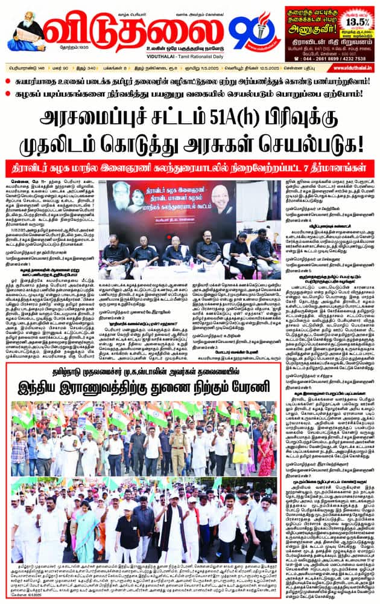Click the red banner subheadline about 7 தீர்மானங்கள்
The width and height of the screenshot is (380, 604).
(190, 168)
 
